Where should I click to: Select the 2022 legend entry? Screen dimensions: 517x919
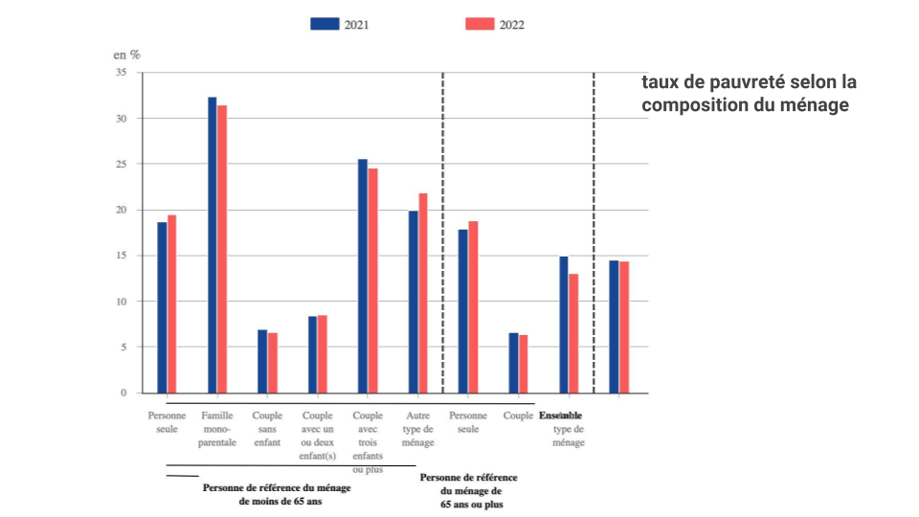pyautogui.click(x=494, y=25)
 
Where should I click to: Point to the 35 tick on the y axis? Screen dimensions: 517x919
pyautogui.click(x=121, y=73)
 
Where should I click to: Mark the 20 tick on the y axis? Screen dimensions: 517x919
pyautogui.click(x=121, y=210)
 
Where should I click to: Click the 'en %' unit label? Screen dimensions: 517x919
pyautogui.click(x=127, y=54)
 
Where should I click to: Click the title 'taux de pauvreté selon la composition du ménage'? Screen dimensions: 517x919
pyautogui.click(x=749, y=93)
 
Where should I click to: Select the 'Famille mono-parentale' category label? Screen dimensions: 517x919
pyautogui.click(x=217, y=429)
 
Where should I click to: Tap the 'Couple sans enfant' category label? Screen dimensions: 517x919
pyautogui.click(x=267, y=429)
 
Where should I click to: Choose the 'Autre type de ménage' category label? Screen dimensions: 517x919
pyautogui.click(x=418, y=429)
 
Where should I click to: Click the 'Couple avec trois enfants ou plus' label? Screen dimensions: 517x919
pyautogui.click(x=368, y=442)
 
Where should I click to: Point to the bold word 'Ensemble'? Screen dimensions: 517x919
pyautogui.click(x=560, y=416)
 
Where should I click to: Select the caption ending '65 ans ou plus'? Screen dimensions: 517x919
pyautogui.click(x=469, y=490)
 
